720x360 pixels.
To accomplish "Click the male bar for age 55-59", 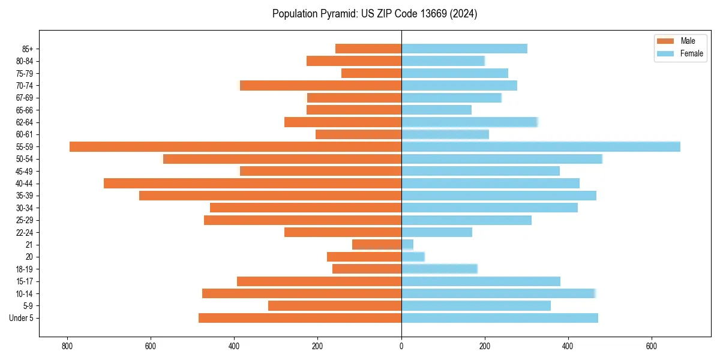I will pyautogui.click(x=235, y=147).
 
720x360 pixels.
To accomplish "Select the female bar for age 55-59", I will pyautogui.click(x=541, y=147).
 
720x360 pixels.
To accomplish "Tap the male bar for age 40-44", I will pyautogui.click(x=253, y=184).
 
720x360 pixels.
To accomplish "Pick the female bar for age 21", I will pyautogui.click(x=407, y=245).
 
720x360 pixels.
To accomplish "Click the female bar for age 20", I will pyautogui.click(x=413, y=257).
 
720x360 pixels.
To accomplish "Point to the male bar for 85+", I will pyautogui.click(x=368, y=49).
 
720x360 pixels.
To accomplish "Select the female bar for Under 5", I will pyautogui.click(x=499, y=318).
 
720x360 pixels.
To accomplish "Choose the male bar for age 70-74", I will pyautogui.click(x=320, y=86).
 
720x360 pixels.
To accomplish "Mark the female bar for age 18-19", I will pyautogui.click(x=439, y=269).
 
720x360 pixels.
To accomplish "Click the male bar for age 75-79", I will pyautogui.click(x=371, y=73).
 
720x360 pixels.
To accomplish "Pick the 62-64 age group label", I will pyautogui.click(x=25, y=122).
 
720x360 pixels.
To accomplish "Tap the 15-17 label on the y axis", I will pyautogui.click(x=25, y=281).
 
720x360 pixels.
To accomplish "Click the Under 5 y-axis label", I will pyautogui.click(x=22, y=318).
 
